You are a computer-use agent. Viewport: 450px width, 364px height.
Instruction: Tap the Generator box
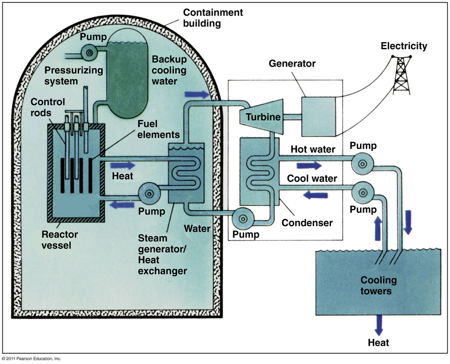pyautogui.click(x=318, y=116)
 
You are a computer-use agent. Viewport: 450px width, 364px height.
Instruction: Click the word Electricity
pyautogui.click(x=404, y=46)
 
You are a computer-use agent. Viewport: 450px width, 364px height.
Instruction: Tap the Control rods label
pyautogui.click(x=48, y=107)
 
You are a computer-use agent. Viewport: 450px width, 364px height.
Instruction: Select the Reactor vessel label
pyautogui.click(x=60, y=240)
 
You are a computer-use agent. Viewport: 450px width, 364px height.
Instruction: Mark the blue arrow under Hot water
pyautogui.click(x=310, y=165)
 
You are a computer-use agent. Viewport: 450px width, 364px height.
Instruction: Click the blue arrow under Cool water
pyautogui.click(x=315, y=195)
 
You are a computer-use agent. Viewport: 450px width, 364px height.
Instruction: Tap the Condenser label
pyautogui.click(x=307, y=223)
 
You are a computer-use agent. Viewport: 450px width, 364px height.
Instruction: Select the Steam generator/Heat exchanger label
pyautogui.click(x=162, y=254)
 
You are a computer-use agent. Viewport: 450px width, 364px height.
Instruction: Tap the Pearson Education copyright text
pyautogui.click(x=31, y=359)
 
